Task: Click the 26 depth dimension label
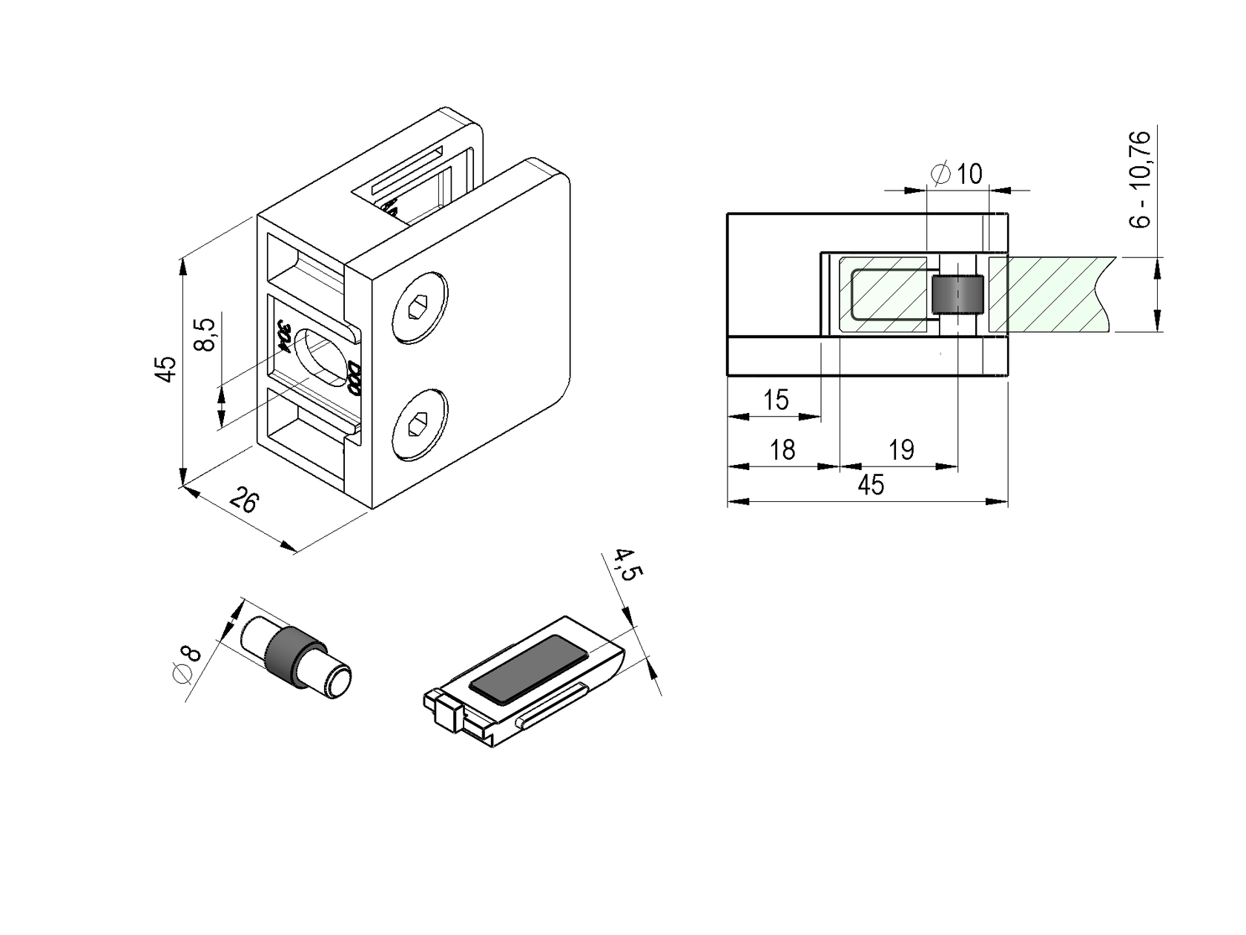tap(244, 500)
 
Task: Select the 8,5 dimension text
tap(205, 335)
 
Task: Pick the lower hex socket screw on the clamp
tap(420, 425)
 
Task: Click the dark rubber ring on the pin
tap(289, 657)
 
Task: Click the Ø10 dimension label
tap(957, 174)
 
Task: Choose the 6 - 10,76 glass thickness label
tap(1142, 179)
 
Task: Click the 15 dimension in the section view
tap(776, 400)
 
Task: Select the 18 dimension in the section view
tap(782, 449)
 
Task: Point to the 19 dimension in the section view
tap(901, 449)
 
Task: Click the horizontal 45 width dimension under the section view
tap(871, 485)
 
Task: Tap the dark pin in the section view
tap(957, 295)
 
